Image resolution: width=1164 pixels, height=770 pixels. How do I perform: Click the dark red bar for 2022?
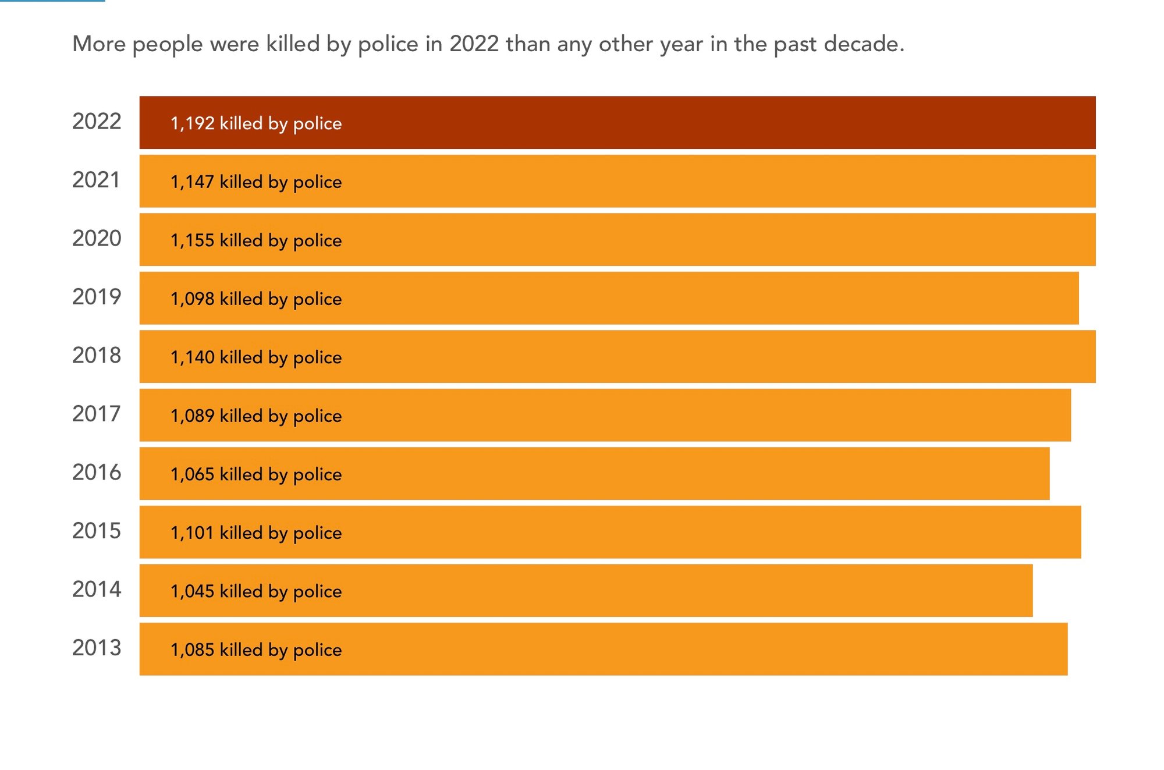pos(617,123)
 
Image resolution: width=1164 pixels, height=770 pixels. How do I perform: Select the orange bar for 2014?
pos(585,591)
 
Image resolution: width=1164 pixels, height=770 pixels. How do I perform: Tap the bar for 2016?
pos(594,474)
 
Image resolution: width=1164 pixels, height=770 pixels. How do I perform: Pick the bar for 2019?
pos(609,298)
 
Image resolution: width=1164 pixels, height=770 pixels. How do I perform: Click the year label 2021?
pos(96,180)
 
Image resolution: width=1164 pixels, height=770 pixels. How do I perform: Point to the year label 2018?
pos(97,356)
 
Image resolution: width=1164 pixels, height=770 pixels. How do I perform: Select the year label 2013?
pos(97,648)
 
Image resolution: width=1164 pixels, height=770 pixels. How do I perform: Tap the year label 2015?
pos(97,531)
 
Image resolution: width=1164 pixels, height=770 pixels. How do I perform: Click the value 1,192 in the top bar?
pos(192,123)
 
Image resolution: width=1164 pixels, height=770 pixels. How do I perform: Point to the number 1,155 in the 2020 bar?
pos(192,240)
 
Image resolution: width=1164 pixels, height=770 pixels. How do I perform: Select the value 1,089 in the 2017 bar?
pos(192,416)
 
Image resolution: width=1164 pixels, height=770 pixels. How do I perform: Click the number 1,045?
pos(192,591)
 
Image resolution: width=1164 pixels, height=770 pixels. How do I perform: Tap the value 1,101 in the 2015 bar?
pos(192,533)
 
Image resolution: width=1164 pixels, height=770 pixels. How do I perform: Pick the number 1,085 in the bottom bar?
pos(192,650)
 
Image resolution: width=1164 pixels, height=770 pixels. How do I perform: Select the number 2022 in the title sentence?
pos(474,44)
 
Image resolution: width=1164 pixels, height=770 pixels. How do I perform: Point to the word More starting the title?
pos(99,44)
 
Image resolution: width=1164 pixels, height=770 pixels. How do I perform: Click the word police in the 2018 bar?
pos(317,357)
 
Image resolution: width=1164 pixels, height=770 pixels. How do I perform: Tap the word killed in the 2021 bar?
pos(241,182)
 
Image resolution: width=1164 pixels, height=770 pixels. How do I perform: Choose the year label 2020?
pos(97,239)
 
